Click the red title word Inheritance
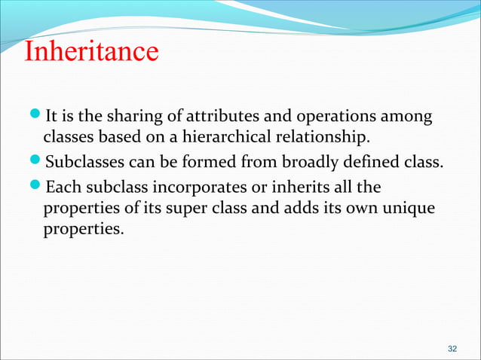[90, 52]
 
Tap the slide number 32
[452, 349]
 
